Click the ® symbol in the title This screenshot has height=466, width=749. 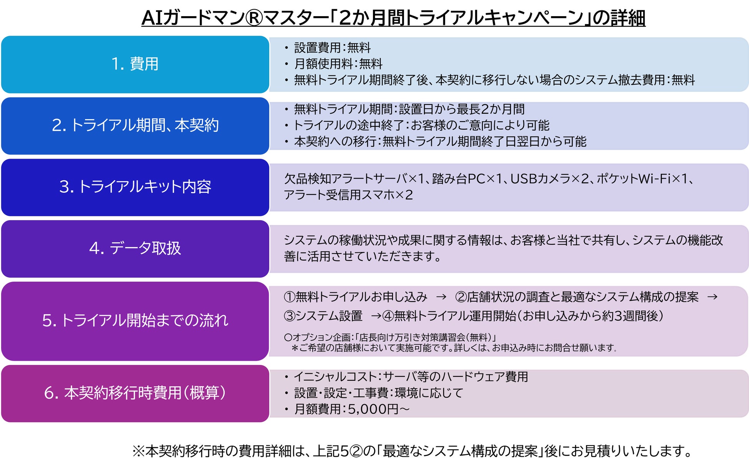point(254,18)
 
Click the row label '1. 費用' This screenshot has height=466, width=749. point(135,64)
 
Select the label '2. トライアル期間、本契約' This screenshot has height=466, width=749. point(135,125)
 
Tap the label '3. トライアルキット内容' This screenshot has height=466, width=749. point(135,187)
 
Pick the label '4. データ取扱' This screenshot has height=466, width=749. point(135,248)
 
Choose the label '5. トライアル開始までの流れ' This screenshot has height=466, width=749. point(135,320)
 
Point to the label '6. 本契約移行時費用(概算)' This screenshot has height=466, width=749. point(135,393)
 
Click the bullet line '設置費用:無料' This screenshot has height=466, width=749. point(332,48)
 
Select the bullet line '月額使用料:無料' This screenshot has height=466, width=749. point(338,64)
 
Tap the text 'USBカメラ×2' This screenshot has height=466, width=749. point(549,179)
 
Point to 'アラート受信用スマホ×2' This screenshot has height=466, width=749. point(348,195)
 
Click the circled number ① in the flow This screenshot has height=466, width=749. point(289,297)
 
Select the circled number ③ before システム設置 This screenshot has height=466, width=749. point(289,316)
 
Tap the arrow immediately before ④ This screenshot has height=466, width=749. point(376,316)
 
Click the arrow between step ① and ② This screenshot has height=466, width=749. point(441,297)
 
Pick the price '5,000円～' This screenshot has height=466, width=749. point(379,409)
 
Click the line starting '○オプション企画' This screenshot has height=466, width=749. point(390,337)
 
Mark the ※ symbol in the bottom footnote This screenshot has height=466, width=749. point(138,451)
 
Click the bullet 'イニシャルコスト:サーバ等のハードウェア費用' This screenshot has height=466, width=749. point(411,377)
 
